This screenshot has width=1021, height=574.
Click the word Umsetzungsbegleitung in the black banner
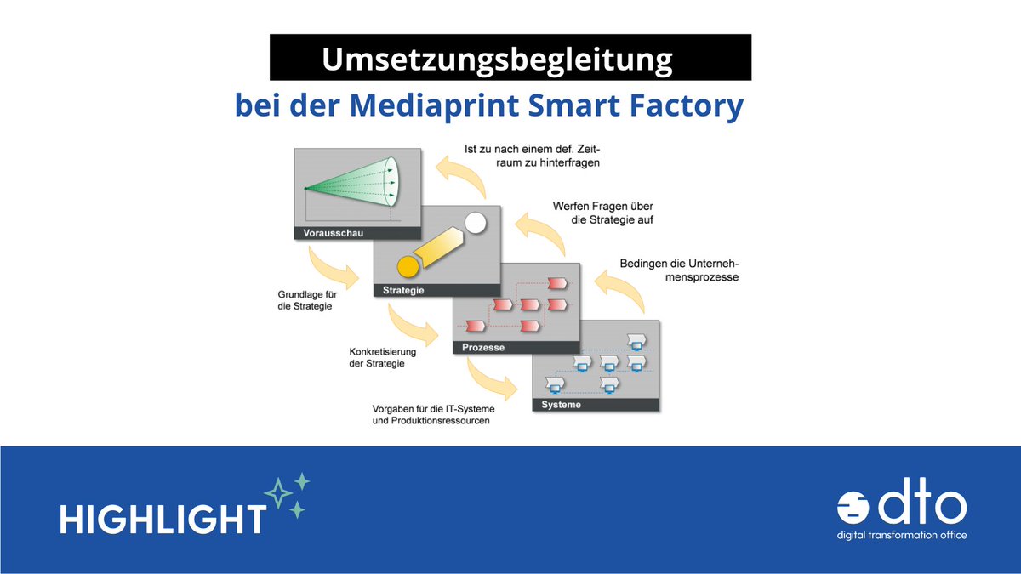point(497,60)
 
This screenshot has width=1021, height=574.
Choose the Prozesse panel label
point(482,347)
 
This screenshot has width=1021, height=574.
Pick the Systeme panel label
point(562,405)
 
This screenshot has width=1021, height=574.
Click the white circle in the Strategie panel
point(475,224)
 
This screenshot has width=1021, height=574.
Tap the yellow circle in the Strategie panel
point(408,266)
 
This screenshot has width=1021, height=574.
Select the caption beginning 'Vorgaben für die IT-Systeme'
point(431,414)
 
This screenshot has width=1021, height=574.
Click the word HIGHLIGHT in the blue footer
point(163,518)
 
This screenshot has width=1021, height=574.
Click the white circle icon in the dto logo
point(853,508)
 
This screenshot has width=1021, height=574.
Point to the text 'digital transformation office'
point(902,535)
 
